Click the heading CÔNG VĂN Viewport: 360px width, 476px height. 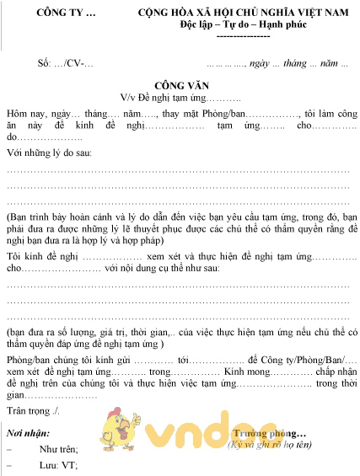tap(180, 86)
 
